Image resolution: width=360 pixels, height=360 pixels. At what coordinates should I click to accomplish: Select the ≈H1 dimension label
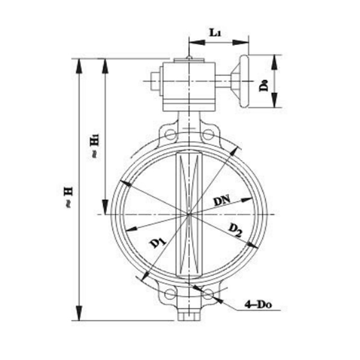point(94,146)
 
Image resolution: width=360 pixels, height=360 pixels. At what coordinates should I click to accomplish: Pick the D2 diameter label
point(235,229)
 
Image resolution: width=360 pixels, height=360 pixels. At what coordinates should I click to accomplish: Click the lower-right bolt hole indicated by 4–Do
point(208,294)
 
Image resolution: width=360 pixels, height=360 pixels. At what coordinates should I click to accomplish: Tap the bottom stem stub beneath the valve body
point(188,314)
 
